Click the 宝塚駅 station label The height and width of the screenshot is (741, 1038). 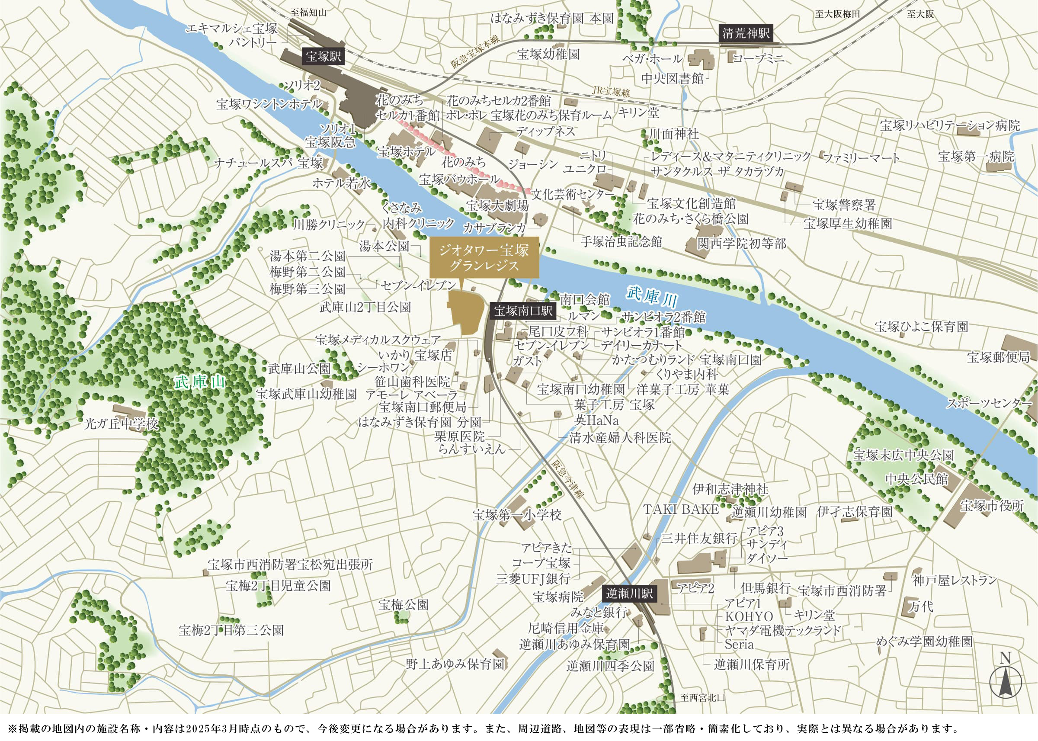(324, 57)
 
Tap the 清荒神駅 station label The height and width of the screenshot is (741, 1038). (746, 33)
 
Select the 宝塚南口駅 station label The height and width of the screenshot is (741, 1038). (523, 311)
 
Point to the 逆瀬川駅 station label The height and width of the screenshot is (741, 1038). (629, 593)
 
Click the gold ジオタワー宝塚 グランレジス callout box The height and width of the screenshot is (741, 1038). (484, 257)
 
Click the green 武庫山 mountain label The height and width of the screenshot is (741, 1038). (200, 382)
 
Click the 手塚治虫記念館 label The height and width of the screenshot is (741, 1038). (621, 241)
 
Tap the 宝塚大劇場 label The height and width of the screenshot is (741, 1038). (497, 206)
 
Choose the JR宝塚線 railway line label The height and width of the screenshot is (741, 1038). (611, 91)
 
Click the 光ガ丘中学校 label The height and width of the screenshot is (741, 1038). (121, 424)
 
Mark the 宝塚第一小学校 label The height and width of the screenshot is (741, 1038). (517, 515)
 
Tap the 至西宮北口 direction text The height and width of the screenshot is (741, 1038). (702, 698)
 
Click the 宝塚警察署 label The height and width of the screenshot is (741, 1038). (844, 205)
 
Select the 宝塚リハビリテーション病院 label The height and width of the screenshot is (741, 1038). (949, 125)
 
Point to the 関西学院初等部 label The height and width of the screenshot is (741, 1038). (742, 244)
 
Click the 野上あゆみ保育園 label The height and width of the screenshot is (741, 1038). (455, 664)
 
